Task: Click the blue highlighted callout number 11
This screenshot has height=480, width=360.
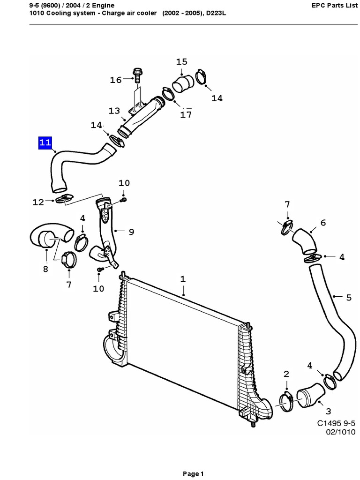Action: tap(45, 143)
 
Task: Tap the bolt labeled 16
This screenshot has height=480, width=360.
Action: tap(137, 75)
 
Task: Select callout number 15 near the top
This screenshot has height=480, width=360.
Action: tap(181, 62)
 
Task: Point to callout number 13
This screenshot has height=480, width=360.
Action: tap(114, 111)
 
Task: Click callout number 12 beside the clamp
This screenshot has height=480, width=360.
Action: tap(38, 202)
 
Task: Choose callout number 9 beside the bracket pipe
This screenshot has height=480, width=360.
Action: tap(131, 231)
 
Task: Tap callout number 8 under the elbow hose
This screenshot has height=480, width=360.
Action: tap(45, 269)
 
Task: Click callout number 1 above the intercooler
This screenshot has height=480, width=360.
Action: tap(183, 279)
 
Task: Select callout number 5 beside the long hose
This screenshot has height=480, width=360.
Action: tap(349, 297)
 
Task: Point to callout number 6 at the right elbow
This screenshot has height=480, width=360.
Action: tap(323, 223)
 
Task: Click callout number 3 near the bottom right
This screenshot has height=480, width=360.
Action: tap(328, 411)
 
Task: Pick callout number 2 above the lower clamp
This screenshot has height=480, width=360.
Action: tap(286, 373)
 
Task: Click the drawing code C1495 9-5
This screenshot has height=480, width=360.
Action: tap(336, 423)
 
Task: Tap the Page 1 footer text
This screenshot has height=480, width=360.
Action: tap(193, 474)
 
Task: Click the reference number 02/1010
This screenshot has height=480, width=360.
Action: tap(340, 432)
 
